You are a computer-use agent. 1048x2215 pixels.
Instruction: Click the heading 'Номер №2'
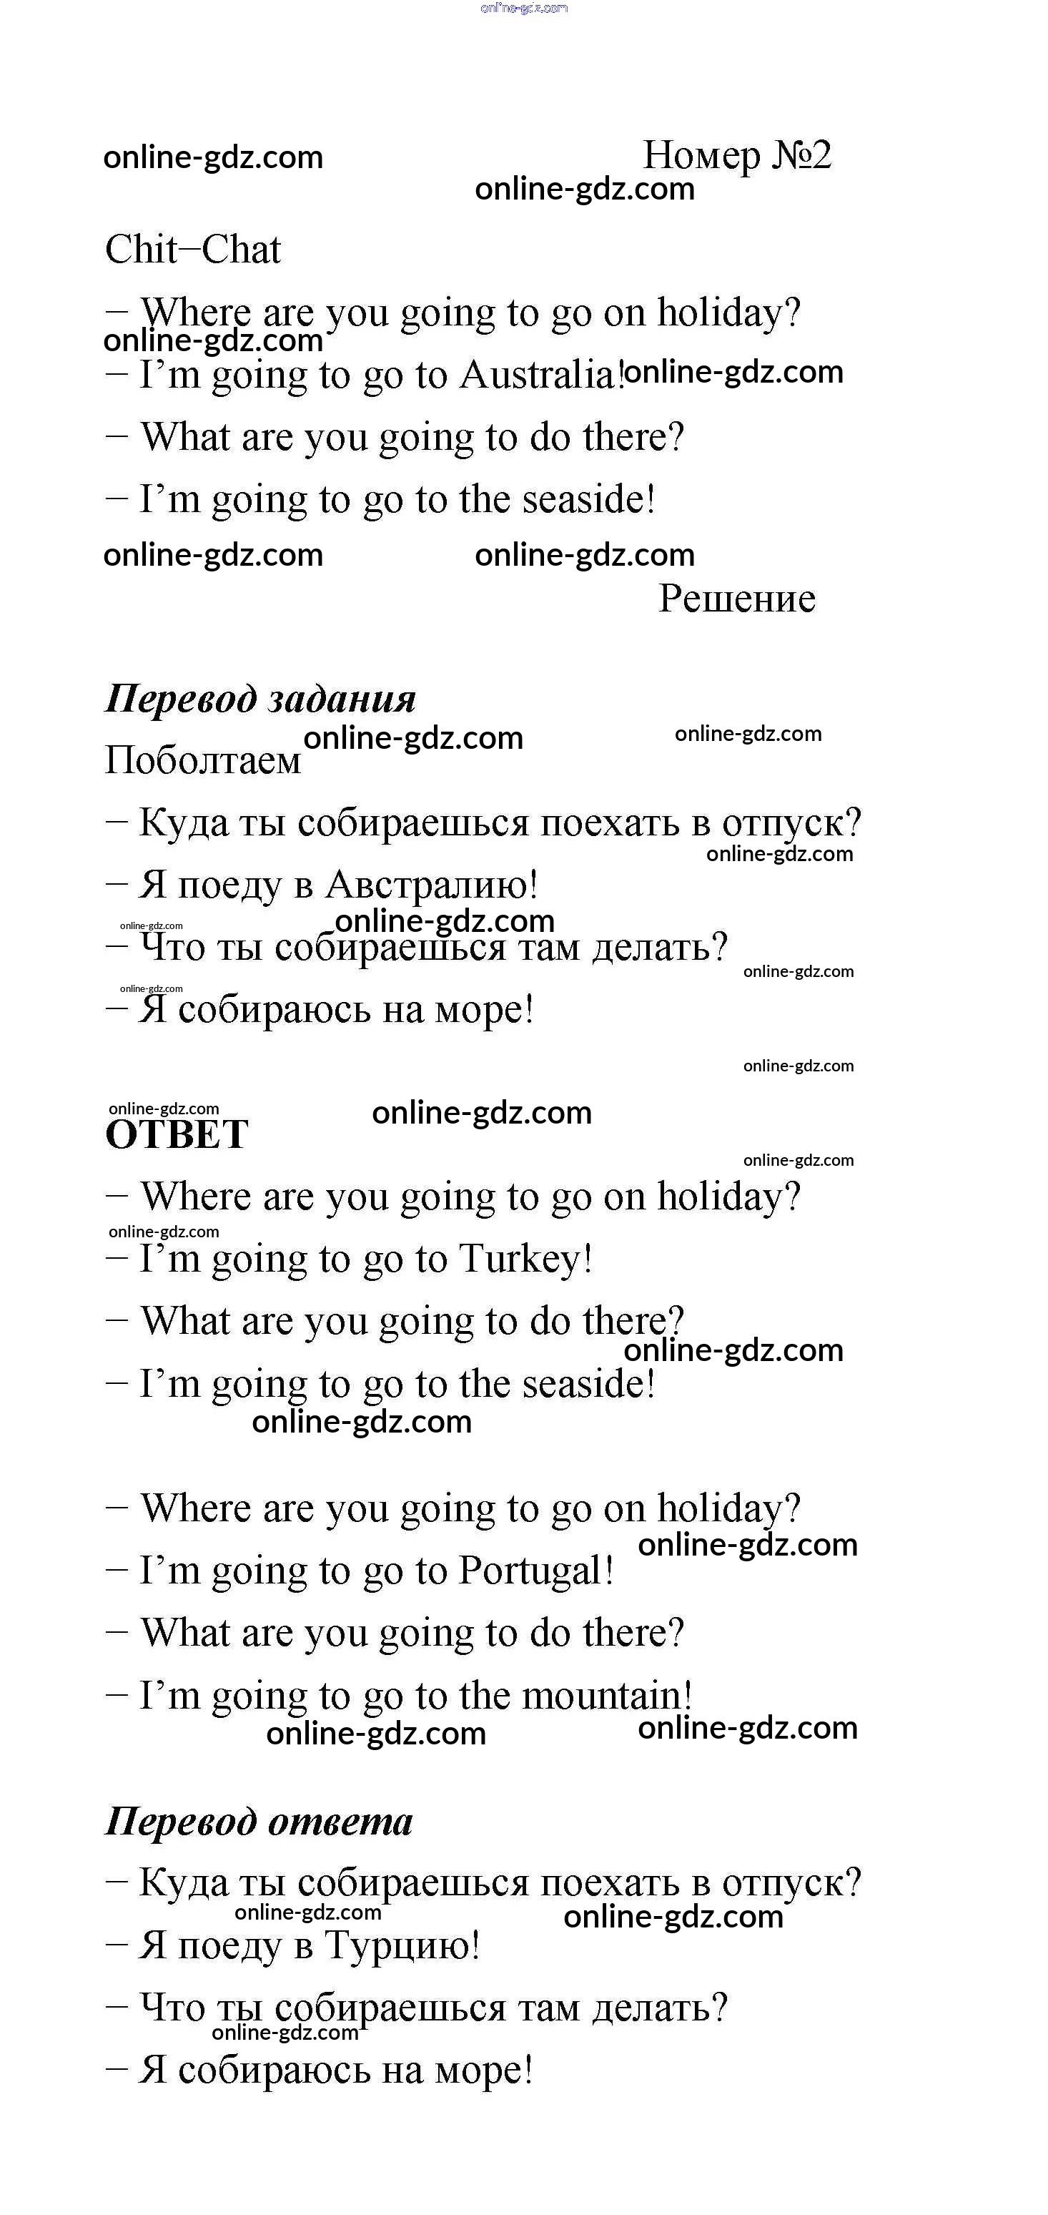coord(737,156)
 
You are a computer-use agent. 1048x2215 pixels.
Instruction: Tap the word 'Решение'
coord(737,599)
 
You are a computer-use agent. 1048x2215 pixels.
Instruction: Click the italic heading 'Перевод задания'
coord(259,698)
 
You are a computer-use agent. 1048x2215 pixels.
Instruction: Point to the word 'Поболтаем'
coord(203,760)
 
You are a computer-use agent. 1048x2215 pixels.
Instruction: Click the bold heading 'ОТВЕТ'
coord(177,1135)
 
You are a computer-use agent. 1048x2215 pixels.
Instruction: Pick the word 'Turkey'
coord(521,1259)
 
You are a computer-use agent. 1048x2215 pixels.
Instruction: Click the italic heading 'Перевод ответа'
coord(258,1821)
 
